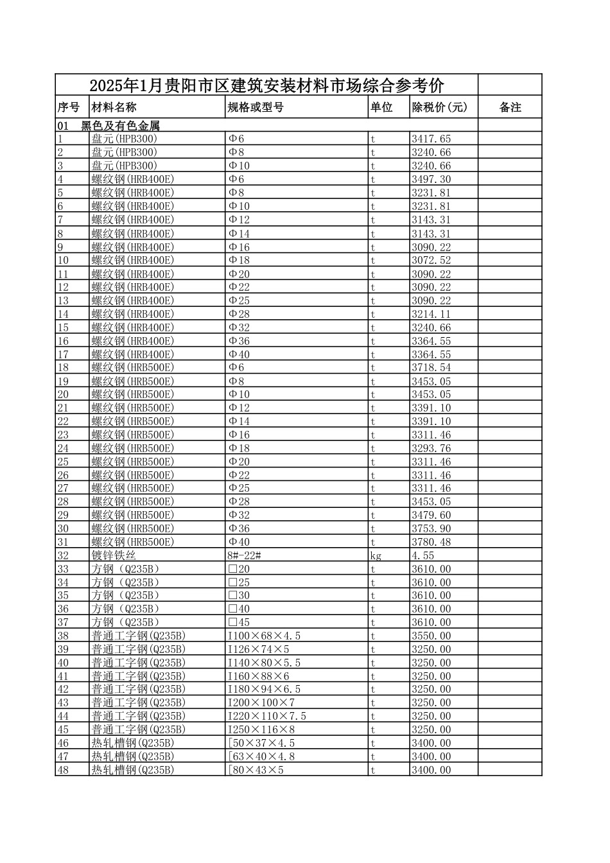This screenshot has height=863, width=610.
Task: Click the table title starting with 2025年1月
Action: pyautogui.click(x=266, y=85)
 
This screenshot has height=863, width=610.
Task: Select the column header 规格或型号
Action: pyautogui.click(x=256, y=108)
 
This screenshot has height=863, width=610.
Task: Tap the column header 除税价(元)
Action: pyautogui.click(x=440, y=108)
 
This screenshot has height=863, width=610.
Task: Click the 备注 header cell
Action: pyautogui.click(x=510, y=108)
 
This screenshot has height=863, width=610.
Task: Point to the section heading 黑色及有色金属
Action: pyautogui.click(x=120, y=126)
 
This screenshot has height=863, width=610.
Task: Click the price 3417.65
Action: pyautogui.click(x=431, y=139)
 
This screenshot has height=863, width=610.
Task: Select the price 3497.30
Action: pyautogui.click(x=431, y=179)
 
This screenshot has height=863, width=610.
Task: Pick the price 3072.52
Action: pyautogui.click(x=431, y=260)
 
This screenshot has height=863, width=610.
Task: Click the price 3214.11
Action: pyautogui.click(x=431, y=314)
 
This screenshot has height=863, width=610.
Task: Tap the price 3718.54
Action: pyautogui.click(x=431, y=367)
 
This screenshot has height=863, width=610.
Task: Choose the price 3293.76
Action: pyautogui.click(x=431, y=448)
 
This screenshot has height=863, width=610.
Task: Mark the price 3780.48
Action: pyautogui.click(x=431, y=542)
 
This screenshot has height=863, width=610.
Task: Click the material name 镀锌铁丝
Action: pyautogui.click(x=114, y=555)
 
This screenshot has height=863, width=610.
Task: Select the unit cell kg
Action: pyautogui.click(x=376, y=555)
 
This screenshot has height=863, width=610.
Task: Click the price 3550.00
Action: pyautogui.click(x=431, y=636)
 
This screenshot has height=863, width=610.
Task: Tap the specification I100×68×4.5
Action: pyautogui.click(x=264, y=636)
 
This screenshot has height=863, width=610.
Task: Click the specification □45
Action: pyautogui.click(x=240, y=622)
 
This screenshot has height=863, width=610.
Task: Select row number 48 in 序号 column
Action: pyautogui.click(x=63, y=770)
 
